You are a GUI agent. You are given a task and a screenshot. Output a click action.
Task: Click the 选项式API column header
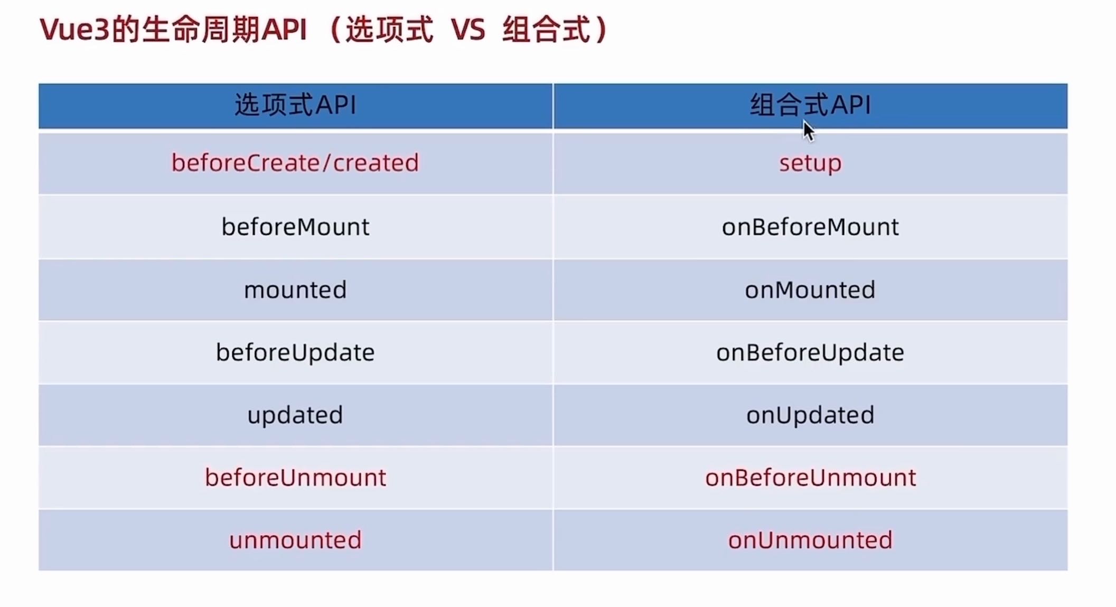pos(295,105)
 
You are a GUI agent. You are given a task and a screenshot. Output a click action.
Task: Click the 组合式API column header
pos(810,105)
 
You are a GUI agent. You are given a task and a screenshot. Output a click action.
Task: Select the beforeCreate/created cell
pos(295,163)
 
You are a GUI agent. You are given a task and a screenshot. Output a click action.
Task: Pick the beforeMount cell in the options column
pos(295,227)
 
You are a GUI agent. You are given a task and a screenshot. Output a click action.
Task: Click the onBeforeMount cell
pos(810,227)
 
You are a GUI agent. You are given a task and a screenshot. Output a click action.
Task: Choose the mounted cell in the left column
pos(295,290)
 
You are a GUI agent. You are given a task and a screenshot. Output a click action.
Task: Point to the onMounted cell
pos(810,290)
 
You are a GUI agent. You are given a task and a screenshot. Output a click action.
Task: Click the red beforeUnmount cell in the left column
pos(295,478)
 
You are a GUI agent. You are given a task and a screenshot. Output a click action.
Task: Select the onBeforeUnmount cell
pos(810,478)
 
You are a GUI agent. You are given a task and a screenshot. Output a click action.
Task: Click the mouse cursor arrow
pos(808,130)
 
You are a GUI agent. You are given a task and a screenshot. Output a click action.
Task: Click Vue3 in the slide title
pos(74,30)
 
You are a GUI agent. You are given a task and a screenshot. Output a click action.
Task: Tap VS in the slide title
pos(468,30)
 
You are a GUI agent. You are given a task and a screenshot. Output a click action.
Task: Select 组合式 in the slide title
pos(546,29)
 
